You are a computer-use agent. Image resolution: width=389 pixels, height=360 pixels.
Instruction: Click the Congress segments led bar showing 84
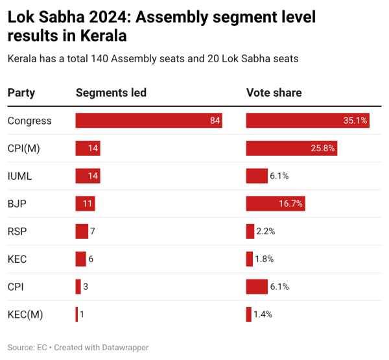(148, 121)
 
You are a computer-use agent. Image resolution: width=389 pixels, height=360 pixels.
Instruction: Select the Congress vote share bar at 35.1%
(308, 121)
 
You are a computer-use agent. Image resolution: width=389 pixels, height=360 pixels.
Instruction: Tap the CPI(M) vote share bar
(291, 148)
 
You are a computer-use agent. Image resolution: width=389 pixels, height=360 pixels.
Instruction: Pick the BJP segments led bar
(86, 204)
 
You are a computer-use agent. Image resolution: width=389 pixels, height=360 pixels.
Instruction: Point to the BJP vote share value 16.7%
(291, 204)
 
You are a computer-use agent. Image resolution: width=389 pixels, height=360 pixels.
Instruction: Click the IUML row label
(19, 176)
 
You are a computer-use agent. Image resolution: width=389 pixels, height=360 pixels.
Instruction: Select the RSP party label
(17, 231)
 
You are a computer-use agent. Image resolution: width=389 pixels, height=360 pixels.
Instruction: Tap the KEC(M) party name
(25, 314)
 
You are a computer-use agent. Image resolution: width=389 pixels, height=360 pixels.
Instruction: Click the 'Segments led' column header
(111, 93)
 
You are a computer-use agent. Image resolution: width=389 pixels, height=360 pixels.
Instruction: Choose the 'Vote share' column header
(274, 93)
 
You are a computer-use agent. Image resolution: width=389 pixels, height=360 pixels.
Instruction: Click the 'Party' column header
(21, 93)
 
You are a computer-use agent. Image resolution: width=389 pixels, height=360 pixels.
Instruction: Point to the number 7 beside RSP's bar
(93, 231)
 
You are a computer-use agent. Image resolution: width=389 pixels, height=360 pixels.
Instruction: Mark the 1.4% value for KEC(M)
(263, 314)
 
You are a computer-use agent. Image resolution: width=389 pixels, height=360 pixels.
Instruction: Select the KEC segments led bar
(80, 259)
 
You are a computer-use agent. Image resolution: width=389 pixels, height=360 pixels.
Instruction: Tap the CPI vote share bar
(257, 286)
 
